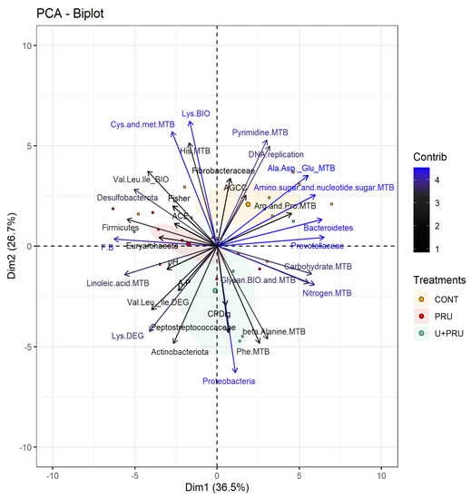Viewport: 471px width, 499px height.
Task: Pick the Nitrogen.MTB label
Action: click(x=326, y=293)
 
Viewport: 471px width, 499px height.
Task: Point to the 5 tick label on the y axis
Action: click(x=28, y=145)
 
